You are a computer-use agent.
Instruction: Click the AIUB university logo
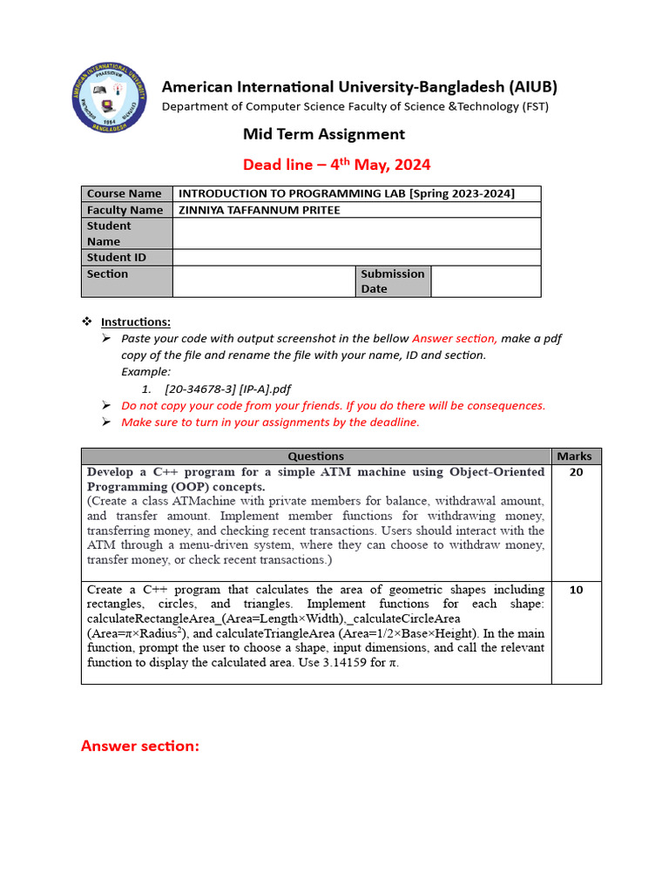tap(109, 98)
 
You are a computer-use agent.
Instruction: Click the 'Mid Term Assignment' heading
tap(323, 134)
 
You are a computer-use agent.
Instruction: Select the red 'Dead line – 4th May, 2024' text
tap(336, 165)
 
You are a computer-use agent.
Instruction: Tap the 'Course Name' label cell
tap(126, 193)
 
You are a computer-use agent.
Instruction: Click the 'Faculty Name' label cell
tap(126, 210)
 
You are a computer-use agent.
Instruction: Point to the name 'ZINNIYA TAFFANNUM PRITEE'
tap(259, 210)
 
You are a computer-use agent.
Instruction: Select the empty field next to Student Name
tap(356, 233)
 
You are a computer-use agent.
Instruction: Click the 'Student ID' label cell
tap(126, 258)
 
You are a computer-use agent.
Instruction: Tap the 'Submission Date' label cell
tap(393, 281)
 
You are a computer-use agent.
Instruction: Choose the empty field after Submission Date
tap(485, 281)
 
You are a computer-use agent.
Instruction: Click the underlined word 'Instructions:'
tap(136, 321)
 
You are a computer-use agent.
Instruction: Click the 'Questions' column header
tap(315, 456)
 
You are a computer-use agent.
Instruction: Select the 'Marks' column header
tap(574, 456)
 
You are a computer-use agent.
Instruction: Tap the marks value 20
tap(576, 472)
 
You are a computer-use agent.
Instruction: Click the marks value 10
tap(576, 590)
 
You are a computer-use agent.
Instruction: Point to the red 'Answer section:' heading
tap(140, 746)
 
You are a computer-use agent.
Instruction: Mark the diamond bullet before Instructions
tap(86, 321)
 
